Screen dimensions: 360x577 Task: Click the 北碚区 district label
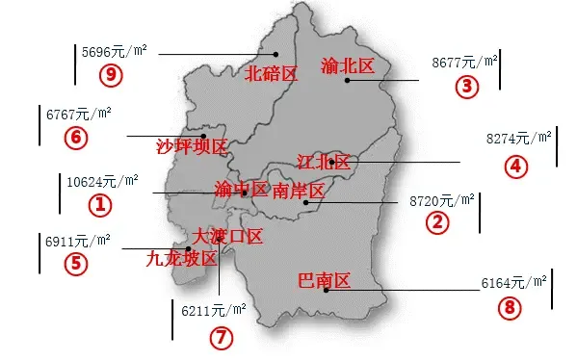coord(270,73)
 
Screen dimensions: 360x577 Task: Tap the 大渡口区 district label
coord(227,236)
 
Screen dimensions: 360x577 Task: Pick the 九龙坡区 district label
coord(181,258)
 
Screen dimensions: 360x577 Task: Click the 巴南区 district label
coord(324,281)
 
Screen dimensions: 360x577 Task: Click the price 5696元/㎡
coord(115,51)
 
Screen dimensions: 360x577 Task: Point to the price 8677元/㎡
coord(465,62)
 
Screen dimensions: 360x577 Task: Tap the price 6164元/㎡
coord(513,283)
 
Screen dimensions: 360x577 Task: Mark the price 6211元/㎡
coord(213,310)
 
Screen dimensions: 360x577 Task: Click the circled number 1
coord(100,204)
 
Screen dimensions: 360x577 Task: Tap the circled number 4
coord(516,166)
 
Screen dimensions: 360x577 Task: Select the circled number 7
coord(222,338)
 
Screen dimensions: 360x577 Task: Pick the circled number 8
coord(510,309)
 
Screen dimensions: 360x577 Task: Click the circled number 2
coord(438,223)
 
